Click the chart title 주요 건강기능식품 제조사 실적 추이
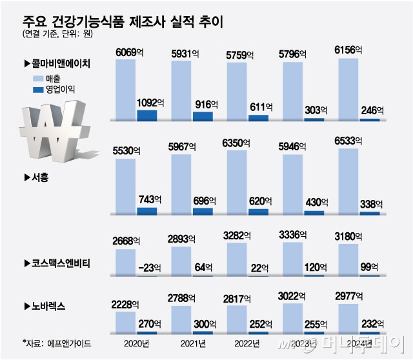click(123, 21)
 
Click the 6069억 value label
click(130, 52)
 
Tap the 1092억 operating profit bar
click(146, 115)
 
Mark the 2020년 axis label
click(135, 343)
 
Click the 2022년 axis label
click(247, 343)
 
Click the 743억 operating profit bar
click(146, 211)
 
